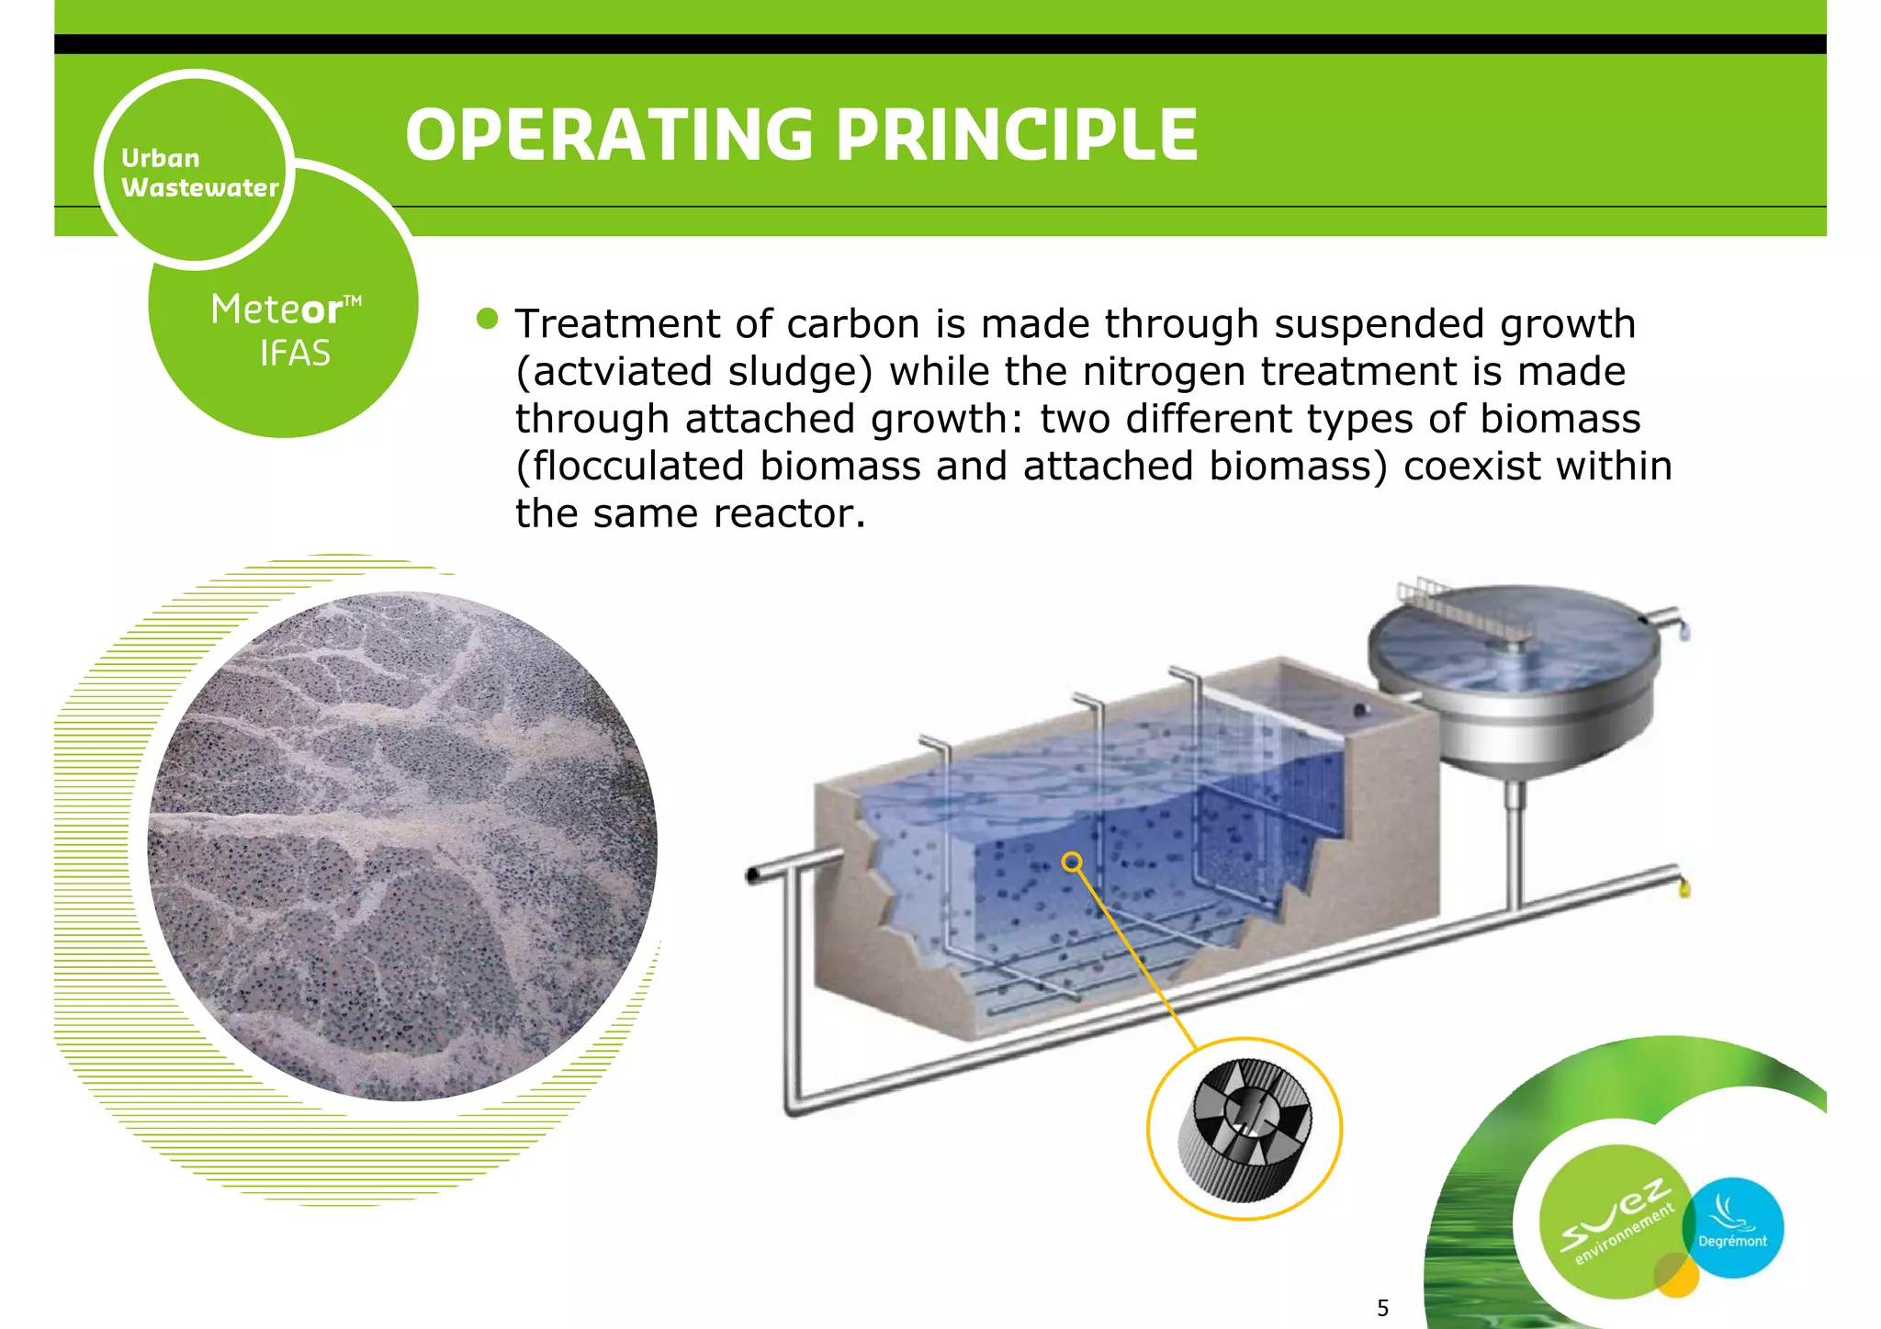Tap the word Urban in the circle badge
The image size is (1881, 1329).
click(x=160, y=158)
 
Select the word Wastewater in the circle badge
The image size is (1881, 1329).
click(x=199, y=187)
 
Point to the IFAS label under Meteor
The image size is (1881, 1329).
click(x=295, y=354)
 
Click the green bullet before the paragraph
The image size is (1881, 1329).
click(x=488, y=319)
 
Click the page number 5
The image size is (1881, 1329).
click(x=1382, y=1308)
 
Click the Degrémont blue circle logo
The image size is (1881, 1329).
click(x=1732, y=1228)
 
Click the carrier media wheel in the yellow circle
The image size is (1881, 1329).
click(x=1245, y=1129)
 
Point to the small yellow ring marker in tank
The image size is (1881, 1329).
click(x=1071, y=862)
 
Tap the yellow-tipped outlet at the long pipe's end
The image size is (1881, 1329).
click(x=1684, y=887)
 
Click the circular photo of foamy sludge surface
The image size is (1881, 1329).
click(x=402, y=845)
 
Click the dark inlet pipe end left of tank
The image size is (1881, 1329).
click(x=753, y=875)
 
